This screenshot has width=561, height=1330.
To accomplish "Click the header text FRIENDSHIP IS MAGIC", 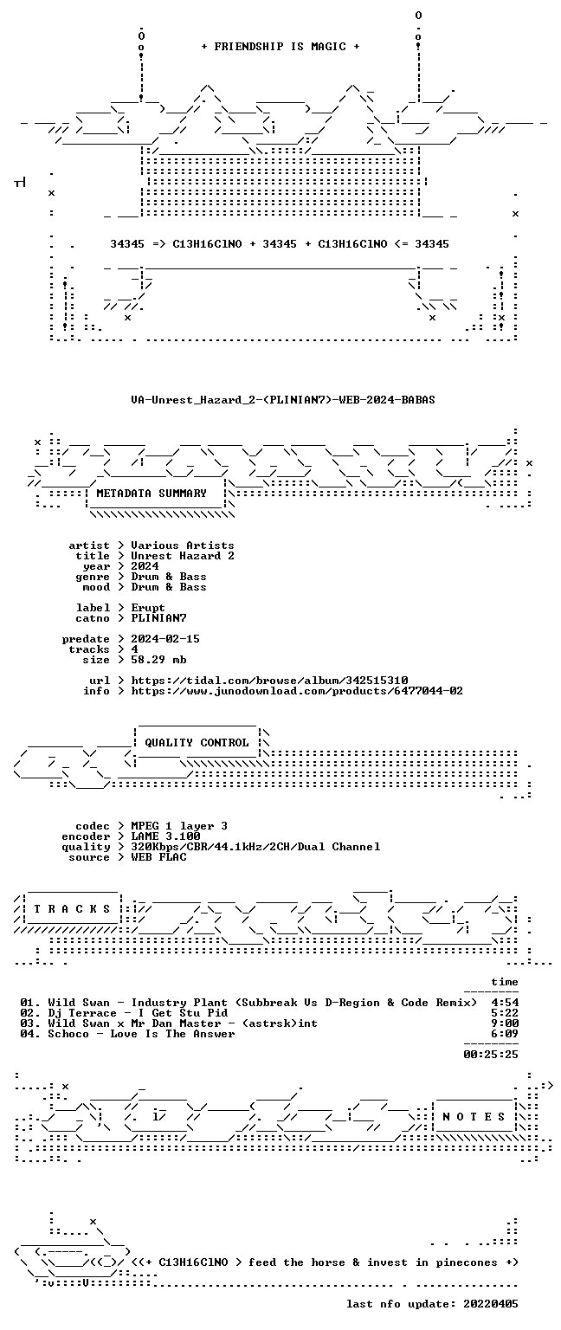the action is point(280,47).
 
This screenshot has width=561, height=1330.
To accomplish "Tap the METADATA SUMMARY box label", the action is point(152,494).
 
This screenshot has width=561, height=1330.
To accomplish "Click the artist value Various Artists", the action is point(183,546).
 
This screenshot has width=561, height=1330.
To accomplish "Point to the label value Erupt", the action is point(148,608).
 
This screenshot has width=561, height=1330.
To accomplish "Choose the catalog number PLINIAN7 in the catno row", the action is point(158,618).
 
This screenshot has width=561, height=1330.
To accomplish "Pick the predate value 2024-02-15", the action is point(165,639).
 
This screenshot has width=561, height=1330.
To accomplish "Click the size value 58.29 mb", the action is point(158,660).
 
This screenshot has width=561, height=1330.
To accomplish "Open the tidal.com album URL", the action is point(269,681).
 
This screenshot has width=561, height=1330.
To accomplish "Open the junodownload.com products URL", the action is point(297,691).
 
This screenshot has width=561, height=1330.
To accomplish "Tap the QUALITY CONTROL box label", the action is point(197,743).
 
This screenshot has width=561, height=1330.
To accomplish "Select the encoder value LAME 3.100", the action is point(165,836).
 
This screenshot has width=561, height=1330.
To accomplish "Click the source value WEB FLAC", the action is point(158,857).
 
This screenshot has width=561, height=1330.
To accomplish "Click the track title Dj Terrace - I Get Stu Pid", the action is point(138,1013).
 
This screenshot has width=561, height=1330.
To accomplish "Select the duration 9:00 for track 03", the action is point(505,1023).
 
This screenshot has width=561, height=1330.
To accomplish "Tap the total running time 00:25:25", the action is point(491,1055).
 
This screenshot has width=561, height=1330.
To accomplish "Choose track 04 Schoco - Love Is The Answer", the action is point(141,1034).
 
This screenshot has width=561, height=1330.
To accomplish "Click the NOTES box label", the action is point(474,1117).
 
